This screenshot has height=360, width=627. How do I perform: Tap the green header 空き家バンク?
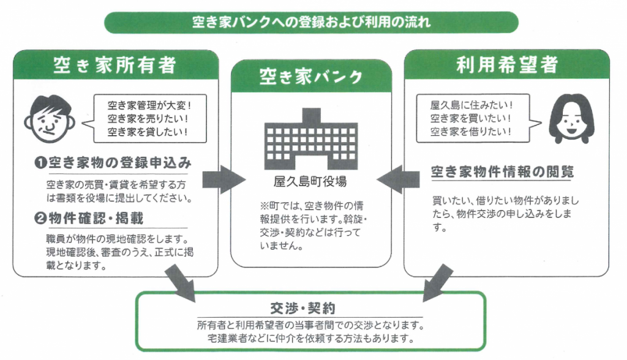tap(310, 77)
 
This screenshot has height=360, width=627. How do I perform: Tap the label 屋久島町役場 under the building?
tap(311, 182)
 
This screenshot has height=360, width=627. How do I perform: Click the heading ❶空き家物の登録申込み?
tap(113, 163)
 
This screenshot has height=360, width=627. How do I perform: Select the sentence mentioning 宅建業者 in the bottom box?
tap(311, 337)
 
